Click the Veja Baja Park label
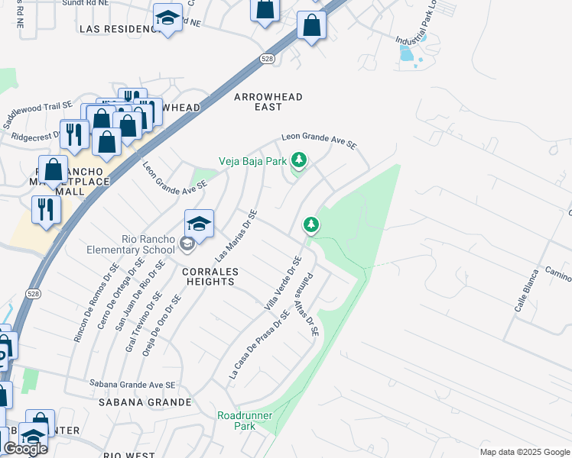click(x=252, y=161)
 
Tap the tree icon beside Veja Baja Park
click(x=300, y=160)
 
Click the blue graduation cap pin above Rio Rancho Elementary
click(x=199, y=224)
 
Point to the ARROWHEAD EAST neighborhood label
click(x=268, y=102)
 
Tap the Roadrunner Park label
click(x=245, y=421)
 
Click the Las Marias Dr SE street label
click(x=238, y=234)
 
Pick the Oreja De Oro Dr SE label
click(x=169, y=320)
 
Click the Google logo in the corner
click(x=25, y=449)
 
